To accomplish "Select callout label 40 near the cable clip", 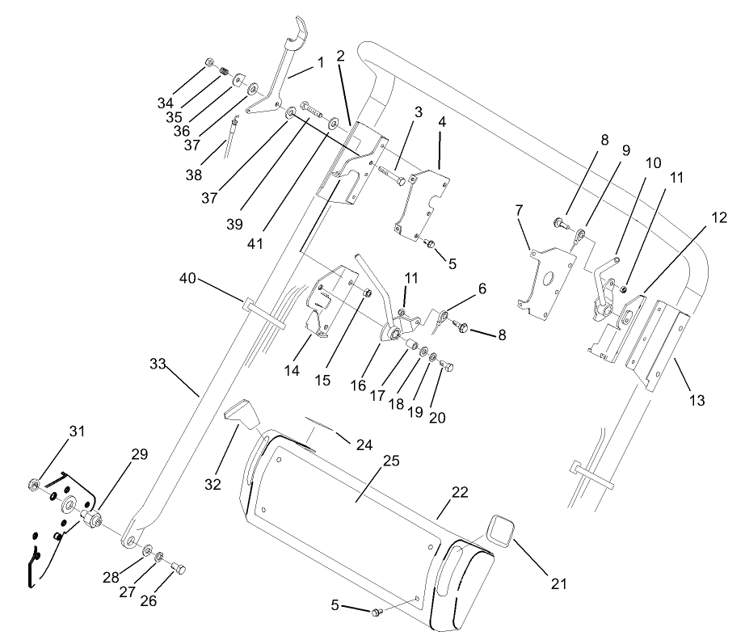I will coord(188,279).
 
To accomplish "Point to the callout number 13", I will coord(697,400).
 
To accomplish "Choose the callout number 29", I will coord(139,454).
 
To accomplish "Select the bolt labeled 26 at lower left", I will coord(179,570).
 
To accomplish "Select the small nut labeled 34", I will coord(208,61).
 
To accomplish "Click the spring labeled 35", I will coord(225,74).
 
